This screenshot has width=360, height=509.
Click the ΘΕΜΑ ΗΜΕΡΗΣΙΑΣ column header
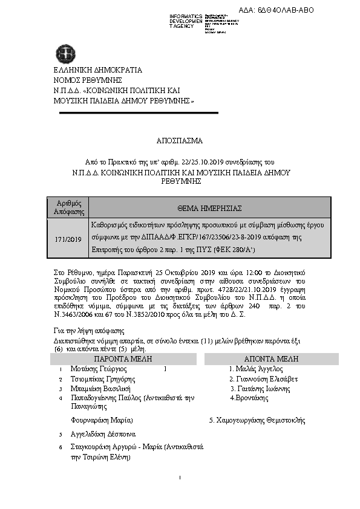click(208, 207)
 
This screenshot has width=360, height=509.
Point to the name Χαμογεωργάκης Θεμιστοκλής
click(257, 420)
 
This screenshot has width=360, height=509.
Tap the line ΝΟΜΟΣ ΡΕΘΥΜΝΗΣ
click(88, 80)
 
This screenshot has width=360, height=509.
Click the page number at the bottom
click(180, 478)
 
